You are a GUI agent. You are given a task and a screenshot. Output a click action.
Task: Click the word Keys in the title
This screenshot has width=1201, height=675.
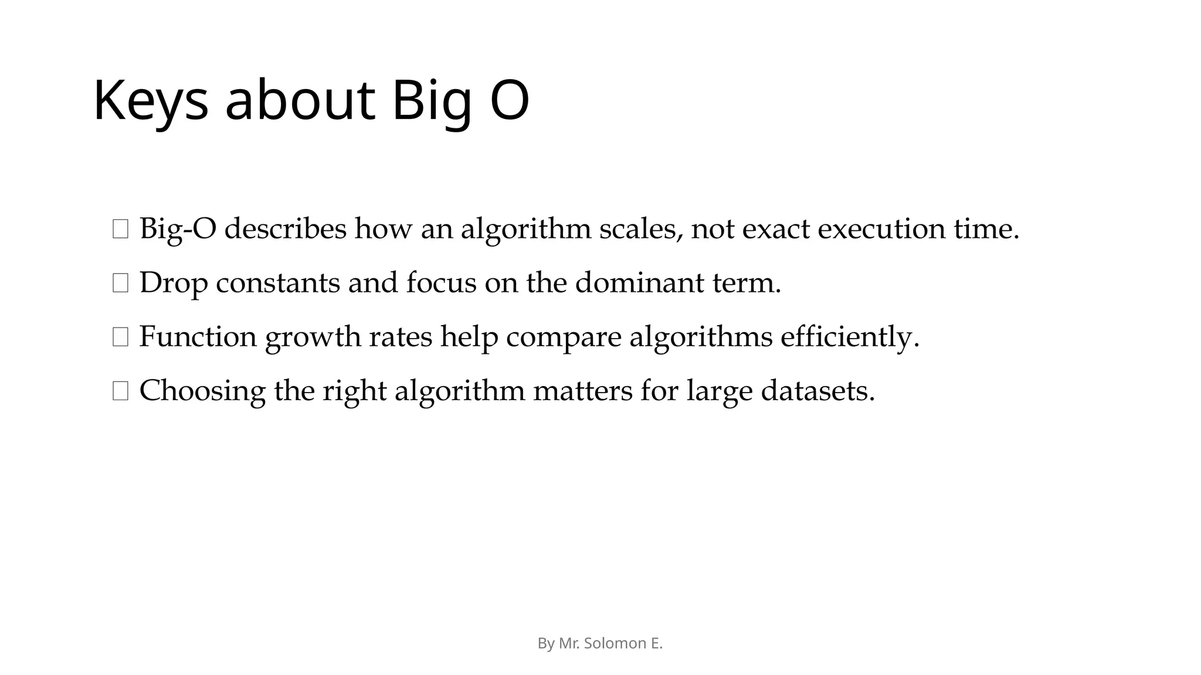point(151,101)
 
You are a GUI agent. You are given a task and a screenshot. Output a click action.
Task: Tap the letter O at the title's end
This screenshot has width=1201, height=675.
point(509,101)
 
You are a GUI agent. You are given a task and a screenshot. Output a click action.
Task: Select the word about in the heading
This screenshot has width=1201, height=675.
point(300,101)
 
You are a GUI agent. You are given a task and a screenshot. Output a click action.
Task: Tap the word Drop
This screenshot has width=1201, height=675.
point(174,283)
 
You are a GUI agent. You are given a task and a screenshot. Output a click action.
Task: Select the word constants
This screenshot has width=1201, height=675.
point(277,283)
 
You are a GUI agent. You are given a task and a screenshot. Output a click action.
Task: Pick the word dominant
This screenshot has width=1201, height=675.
point(639,283)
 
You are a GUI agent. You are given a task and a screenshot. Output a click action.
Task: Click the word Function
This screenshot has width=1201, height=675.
point(198,337)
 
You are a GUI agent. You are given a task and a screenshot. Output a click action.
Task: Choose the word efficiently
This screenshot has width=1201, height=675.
point(850,337)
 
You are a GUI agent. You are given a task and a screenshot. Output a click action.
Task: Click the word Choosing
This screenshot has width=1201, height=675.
point(202,391)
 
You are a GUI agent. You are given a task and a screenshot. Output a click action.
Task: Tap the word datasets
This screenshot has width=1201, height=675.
point(817,391)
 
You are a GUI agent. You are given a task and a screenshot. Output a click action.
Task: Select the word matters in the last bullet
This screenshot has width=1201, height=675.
point(582,391)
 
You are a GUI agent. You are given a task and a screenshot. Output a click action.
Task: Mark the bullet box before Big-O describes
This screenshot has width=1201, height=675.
point(120,229)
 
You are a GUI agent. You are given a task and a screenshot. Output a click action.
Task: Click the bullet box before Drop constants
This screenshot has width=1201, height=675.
point(120,284)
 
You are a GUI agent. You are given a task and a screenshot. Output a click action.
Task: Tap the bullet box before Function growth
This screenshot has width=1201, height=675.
point(120,337)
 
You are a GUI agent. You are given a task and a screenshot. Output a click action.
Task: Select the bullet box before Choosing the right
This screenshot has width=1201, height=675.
point(120,391)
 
